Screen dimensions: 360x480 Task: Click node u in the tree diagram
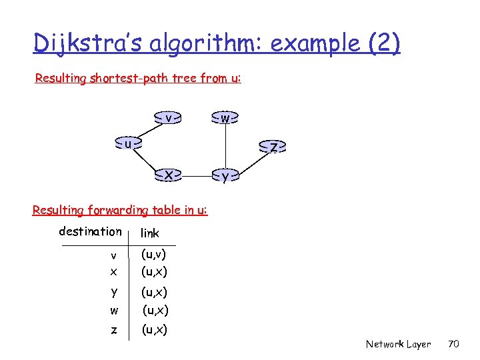tap(129, 143)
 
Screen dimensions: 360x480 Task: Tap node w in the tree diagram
tap(225, 118)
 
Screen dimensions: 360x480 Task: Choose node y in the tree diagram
tap(225, 176)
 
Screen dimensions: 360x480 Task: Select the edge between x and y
tap(197, 176)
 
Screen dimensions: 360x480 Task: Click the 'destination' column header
tap(91, 231)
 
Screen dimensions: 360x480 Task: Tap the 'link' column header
tap(150, 233)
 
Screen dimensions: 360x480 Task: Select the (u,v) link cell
tap(154, 254)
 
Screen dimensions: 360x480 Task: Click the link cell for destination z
tap(154, 329)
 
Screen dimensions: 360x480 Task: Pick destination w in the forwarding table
tap(114, 311)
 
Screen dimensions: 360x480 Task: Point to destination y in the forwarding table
tap(114, 291)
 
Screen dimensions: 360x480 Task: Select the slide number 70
tap(454, 344)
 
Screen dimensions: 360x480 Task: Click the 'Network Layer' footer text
tap(398, 344)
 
